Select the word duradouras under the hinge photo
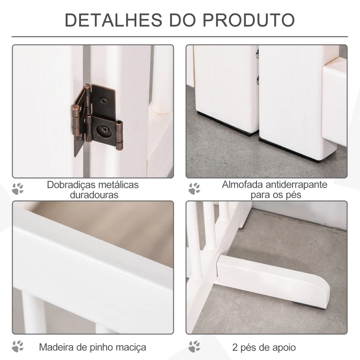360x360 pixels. [94, 195]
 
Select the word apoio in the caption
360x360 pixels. [283, 347]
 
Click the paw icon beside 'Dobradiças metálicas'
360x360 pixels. [18, 189]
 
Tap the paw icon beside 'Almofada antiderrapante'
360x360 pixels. [194, 189]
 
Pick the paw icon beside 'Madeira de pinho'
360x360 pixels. [18, 346]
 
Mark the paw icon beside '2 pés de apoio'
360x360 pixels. [194, 346]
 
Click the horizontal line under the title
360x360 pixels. [180, 36]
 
